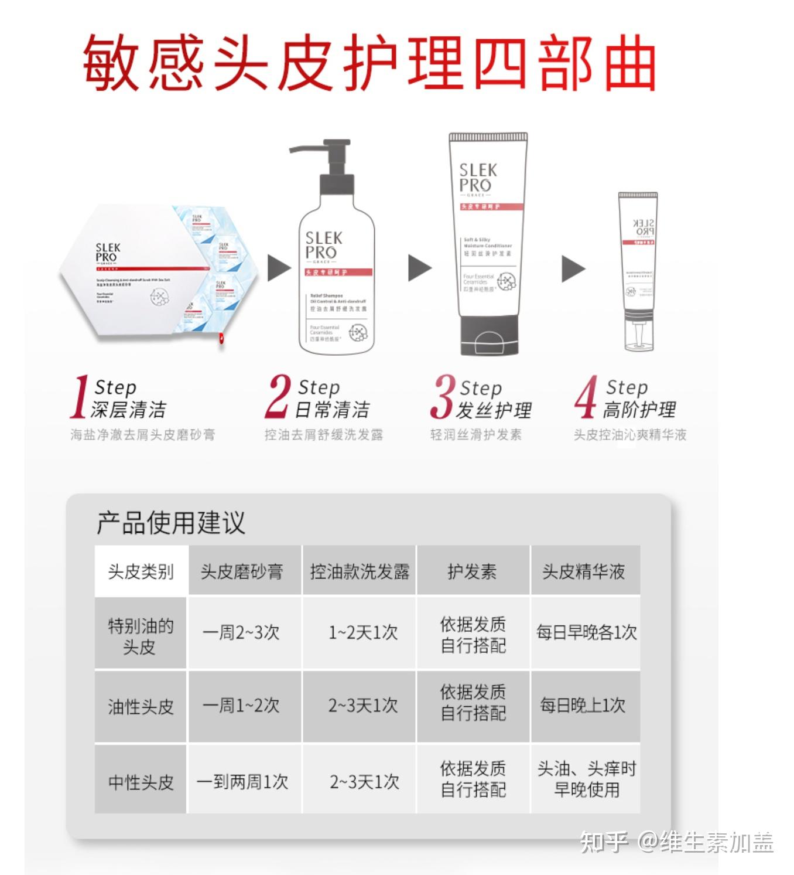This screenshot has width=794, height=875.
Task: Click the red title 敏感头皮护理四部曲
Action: [369, 62]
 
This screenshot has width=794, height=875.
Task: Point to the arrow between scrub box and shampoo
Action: [279, 268]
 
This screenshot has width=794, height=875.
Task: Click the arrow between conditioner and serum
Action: [573, 268]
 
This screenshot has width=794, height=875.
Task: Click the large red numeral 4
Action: [586, 398]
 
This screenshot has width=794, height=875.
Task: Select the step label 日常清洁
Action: [332, 410]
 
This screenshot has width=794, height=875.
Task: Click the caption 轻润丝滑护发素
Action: [475, 435]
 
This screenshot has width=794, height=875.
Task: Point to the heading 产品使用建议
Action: [170, 523]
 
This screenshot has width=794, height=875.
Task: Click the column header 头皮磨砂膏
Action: [242, 571]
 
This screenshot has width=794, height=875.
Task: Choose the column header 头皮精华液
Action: [583, 571]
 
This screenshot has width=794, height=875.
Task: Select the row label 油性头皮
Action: [141, 707]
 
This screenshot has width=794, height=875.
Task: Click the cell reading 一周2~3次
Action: [241, 632]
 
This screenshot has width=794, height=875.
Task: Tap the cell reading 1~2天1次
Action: [363, 632]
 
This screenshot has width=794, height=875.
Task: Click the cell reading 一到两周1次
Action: [242, 782]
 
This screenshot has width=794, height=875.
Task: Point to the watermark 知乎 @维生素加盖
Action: [676, 842]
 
